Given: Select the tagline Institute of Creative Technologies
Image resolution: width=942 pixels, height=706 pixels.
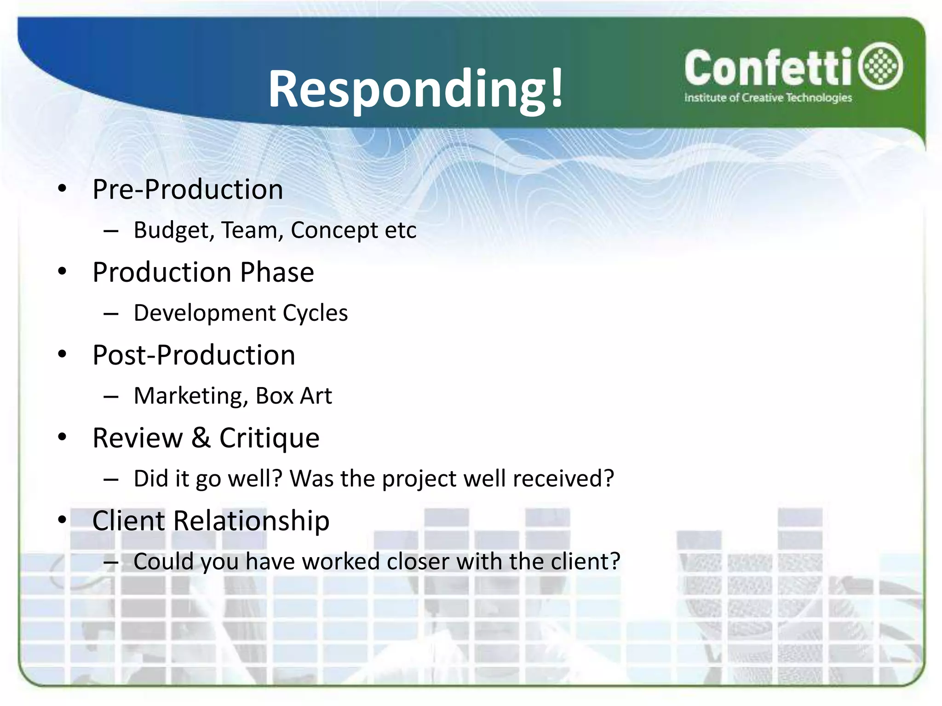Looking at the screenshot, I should click(x=768, y=98).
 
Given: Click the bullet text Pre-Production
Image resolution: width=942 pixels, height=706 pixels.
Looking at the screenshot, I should click(x=188, y=189).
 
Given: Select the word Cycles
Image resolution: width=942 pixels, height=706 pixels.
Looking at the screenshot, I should click(x=315, y=313).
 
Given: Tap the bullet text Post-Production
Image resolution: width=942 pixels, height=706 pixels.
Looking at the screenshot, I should click(x=194, y=355).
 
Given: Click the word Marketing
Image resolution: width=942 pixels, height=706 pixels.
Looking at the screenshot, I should click(x=190, y=396).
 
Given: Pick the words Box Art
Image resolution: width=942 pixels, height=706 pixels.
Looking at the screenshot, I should click(x=293, y=396).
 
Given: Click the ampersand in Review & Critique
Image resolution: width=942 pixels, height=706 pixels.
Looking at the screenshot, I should click(x=201, y=438).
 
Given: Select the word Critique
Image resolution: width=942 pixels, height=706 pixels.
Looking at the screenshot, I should click(x=269, y=438).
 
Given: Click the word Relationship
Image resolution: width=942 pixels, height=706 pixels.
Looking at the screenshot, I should click(x=252, y=521).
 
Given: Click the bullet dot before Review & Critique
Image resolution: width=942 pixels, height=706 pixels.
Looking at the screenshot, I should click(x=62, y=437).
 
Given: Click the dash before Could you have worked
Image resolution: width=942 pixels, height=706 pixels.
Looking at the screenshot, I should click(x=111, y=562).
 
